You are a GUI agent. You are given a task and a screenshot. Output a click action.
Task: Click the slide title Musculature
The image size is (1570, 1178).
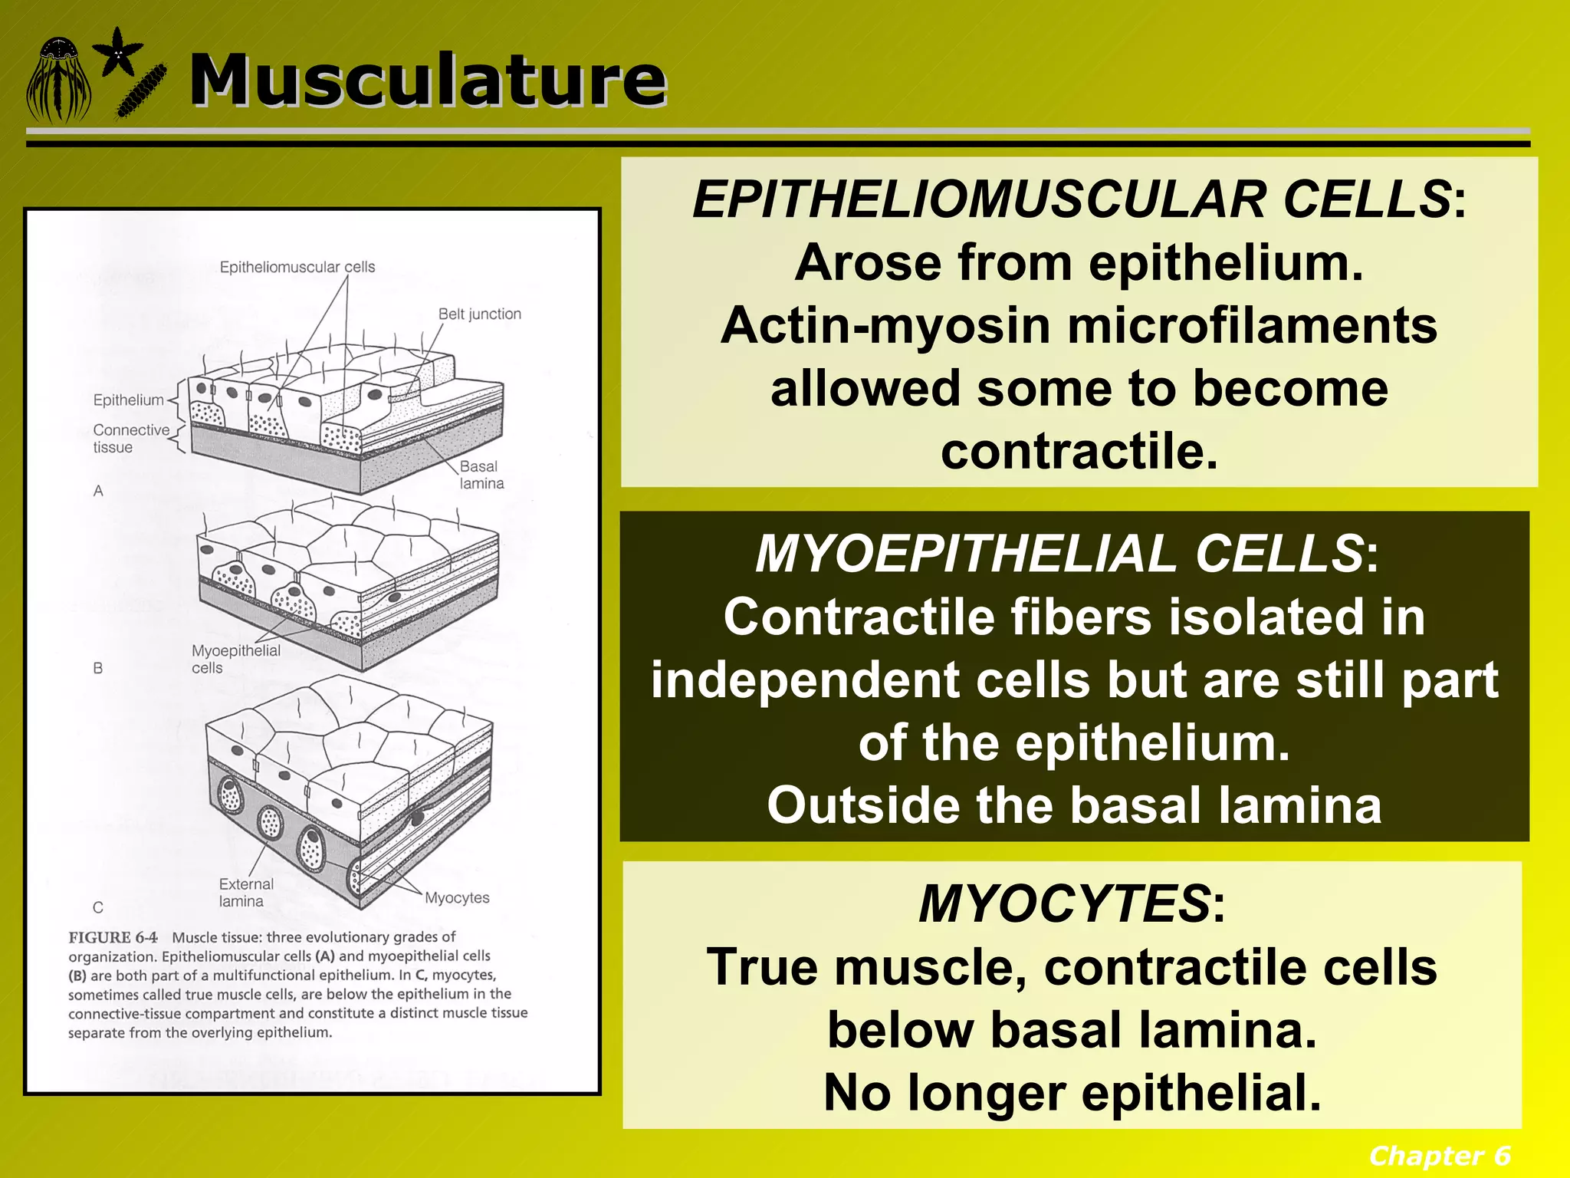427,80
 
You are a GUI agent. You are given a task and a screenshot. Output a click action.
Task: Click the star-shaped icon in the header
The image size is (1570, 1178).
117,52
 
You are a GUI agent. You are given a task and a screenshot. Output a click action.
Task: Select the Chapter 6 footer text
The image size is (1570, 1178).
1439,1155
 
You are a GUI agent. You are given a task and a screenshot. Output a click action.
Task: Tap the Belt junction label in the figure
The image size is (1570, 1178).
479,314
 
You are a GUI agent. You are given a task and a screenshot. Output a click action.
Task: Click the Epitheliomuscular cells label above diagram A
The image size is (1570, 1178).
297,267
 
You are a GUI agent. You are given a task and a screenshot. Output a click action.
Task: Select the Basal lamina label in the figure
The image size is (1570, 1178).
481,475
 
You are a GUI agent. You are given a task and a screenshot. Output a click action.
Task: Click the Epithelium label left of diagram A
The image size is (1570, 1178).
128,400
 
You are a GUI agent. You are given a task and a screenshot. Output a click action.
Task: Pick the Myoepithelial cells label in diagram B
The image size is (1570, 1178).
235,659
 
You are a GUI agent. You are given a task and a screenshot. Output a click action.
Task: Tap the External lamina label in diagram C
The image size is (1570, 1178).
245,893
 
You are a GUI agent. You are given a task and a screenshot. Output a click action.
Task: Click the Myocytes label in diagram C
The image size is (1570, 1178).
457,897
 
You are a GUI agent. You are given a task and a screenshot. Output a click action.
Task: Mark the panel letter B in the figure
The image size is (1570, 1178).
98,668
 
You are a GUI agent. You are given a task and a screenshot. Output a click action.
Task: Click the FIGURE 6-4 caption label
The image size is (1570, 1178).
113,937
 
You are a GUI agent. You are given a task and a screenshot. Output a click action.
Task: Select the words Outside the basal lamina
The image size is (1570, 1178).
1073,805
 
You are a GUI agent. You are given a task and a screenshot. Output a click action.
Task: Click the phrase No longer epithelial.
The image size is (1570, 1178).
1071,1092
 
